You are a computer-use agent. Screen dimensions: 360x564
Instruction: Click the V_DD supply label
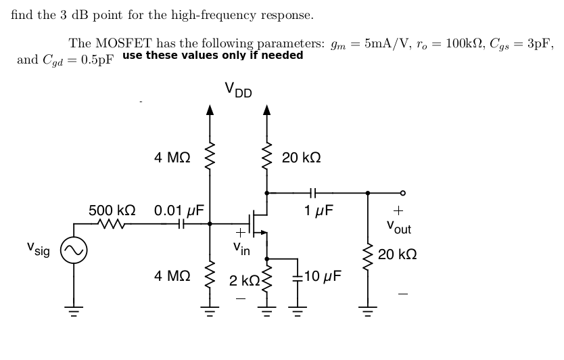(238, 90)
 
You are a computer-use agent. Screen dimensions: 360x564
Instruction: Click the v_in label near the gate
(241, 249)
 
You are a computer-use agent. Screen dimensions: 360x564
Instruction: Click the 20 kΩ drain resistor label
(302, 158)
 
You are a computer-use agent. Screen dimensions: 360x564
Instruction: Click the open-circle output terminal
(403, 192)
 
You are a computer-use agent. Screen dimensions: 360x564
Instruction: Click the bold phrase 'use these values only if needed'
(213, 55)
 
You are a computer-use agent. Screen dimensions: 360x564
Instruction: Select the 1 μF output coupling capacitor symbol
(312, 192)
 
